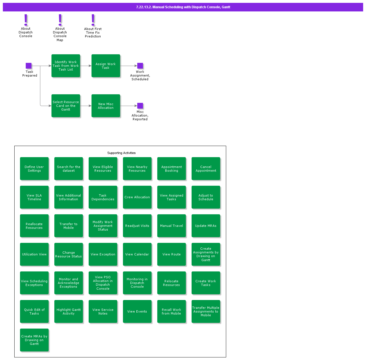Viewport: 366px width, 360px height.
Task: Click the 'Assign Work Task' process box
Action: pos(106,66)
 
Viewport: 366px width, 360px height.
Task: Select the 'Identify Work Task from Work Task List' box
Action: pos(66,66)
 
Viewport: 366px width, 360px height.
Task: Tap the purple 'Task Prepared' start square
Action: pos(29,66)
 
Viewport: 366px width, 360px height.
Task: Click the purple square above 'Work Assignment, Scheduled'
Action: pos(140,66)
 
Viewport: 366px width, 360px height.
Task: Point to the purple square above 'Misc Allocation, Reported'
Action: pos(140,106)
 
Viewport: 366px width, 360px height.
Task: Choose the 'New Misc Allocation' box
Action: pos(106,106)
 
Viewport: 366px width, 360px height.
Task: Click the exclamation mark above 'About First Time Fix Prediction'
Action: pos(93,20)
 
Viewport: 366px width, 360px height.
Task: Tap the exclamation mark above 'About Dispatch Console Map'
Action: pos(60,20)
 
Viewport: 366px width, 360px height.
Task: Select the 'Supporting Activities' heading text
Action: pos(122,153)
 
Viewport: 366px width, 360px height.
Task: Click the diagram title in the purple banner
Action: pos(183,7)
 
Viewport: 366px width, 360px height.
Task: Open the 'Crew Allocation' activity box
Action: pos(137,197)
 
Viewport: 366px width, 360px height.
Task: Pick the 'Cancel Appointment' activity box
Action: pos(206,169)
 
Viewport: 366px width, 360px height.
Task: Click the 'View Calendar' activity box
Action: pos(137,254)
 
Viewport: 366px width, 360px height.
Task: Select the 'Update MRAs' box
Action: pos(206,226)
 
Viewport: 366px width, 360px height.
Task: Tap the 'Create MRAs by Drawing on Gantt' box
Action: pos(34,340)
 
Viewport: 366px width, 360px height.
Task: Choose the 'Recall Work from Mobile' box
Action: pos(172,311)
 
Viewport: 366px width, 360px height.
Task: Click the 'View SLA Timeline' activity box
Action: pos(34,197)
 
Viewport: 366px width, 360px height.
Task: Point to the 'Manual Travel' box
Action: pos(172,226)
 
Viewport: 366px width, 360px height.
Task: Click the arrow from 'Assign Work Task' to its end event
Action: pos(129,66)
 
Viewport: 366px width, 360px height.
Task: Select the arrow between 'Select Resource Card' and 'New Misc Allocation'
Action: pos(86,106)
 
